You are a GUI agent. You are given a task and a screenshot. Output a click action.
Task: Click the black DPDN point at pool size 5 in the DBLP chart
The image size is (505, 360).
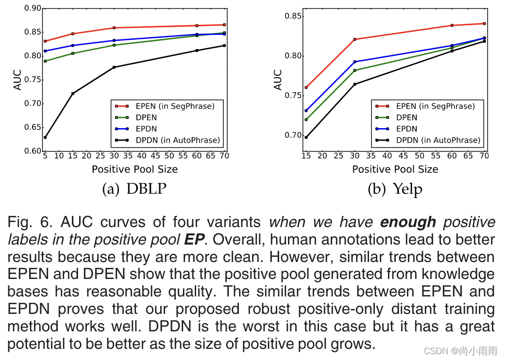click(x=45, y=137)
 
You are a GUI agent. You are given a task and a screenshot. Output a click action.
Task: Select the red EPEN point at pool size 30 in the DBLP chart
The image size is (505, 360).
click(x=114, y=28)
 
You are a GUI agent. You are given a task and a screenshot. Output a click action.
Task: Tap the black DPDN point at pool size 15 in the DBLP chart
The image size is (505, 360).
click(x=72, y=93)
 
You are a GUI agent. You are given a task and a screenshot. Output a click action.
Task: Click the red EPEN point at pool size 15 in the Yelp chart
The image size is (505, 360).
click(x=305, y=87)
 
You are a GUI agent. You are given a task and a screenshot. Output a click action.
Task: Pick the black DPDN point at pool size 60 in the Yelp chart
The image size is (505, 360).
click(x=452, y=50)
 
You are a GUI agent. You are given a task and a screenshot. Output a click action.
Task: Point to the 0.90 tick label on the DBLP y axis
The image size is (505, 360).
click(x=33, y=8)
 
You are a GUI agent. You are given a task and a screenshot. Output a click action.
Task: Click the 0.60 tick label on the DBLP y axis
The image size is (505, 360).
click(x=33, y=151)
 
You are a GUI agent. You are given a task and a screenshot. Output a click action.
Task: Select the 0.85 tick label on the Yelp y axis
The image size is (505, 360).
click(x=293, y=16)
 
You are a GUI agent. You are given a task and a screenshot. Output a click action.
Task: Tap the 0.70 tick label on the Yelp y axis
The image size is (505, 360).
click(x=293, y=135)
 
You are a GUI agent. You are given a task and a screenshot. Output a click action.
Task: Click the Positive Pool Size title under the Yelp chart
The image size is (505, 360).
click(x=395, y=169)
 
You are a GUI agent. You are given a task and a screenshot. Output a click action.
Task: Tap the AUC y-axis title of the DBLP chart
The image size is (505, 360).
click(x=17, y=80)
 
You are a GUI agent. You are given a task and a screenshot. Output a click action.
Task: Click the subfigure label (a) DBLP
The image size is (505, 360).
click(x=135, y=189)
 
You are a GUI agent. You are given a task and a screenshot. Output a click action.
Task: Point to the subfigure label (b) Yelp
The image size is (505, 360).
click(x=395, y=189)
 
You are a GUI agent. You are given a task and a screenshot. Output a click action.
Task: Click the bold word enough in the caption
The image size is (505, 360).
click(x=408, y=223)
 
